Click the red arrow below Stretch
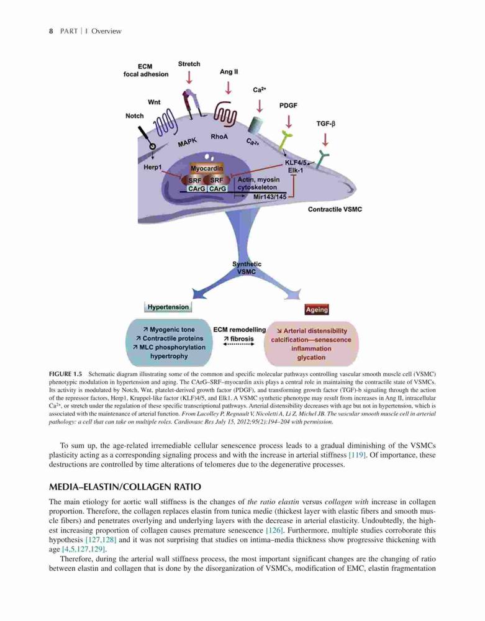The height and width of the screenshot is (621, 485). pyautogui.click(x=189, y=77)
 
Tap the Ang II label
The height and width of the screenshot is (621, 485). pyautogui.click(x=229, y=71)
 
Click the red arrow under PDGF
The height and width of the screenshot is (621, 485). pyautogui.click(x=289, y=121)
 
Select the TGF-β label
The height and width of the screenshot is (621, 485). pyautogui.click(x=325, y=124)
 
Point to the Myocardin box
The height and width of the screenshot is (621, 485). pyautogui.click(x=207, y=168)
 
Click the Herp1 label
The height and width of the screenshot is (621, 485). pyautogui.click(x=153, y=168)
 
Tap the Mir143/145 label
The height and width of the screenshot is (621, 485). pyautogui.click(x=270, y=197)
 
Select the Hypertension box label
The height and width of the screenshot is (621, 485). pyautogui.click(x=168, y=307)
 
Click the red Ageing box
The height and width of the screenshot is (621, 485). pyautogui.click(x=317, y=310)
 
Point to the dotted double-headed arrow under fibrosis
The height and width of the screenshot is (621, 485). pyautogui.click(x=238, y=345)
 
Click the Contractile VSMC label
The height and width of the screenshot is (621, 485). pyautogui.click(x=335, y=209)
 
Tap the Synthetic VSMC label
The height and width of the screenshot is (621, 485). pyautogui.click(x=247, y=268)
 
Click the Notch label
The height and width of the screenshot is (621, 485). pyautogui.click(x=135, y=116)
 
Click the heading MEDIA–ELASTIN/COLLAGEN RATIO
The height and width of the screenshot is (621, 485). pyautogui.click(x=125, y=487)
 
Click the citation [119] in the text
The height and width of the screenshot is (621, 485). pyautogui.click(x=357, y=455)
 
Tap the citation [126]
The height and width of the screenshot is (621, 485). pyautogui.click(x=274, y=530)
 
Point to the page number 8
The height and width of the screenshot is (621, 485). pyautogui.click(x=51, y=31)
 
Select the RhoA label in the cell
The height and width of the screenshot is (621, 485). pyautogui.click(x=219, y=137)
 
